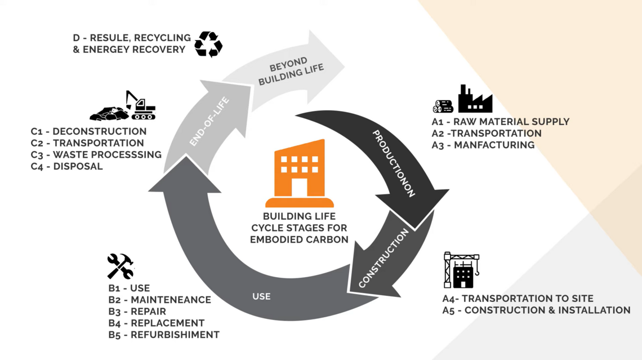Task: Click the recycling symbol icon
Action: click(x=208, y=44)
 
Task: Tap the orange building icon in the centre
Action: click(x=300, y=174)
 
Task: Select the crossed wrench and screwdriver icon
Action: click(x=121, y=266)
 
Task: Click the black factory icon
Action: click(x=475, y=99)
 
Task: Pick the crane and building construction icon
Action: click(x=461, y=270)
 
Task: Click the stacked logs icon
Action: click(x=443, y=106)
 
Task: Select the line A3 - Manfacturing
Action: click(x=483, y=145)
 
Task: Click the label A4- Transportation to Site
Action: click(x=518, y=299)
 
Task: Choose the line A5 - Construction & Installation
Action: click(x=536, y=310)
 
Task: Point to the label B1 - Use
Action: click(x=129, y=288)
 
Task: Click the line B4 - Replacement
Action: click(x=156, y=323)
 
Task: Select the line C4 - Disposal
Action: click(x=66, y=167)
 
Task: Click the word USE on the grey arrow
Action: click(x=262, y=296)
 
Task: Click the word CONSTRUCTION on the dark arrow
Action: click(x=384, y=259)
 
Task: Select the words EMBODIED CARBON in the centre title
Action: click(x=300, y=239)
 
